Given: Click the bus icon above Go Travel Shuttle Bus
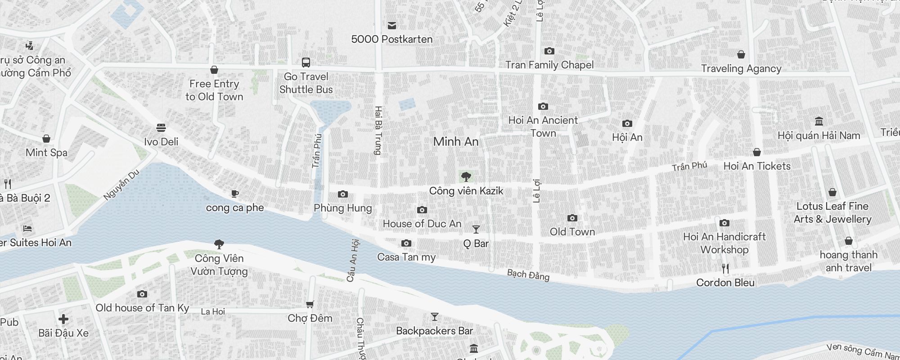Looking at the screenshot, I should point(306,62).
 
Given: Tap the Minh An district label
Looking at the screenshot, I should point(456,142).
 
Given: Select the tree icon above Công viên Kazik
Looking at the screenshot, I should point(466,176).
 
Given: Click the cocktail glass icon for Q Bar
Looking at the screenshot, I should point(476,229).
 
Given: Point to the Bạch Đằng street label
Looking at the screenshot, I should point(528,274).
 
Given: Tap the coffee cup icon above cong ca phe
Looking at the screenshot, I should point(234,194).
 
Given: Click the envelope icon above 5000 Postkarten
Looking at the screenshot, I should point(392,26).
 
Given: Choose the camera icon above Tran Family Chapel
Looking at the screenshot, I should point(549,51).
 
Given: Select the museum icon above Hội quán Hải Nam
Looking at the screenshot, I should point(819,121).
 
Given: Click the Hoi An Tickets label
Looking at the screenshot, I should point(757,166).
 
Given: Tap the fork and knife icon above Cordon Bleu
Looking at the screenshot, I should point(725,269).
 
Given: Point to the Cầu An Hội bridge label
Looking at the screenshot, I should point(353,261).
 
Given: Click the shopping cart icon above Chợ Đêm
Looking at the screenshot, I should point(310,305).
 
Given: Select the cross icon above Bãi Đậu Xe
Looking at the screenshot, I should point(63,319).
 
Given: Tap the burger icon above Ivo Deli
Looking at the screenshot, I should point(161,128).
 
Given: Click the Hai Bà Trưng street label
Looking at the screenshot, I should point(378,130).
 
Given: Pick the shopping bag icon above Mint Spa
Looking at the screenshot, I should point(46,139).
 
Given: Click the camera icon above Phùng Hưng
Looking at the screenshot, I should point(343,194).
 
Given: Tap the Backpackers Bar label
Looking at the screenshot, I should point(434,331).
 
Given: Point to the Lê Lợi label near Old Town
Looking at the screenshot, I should point(536,191).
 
